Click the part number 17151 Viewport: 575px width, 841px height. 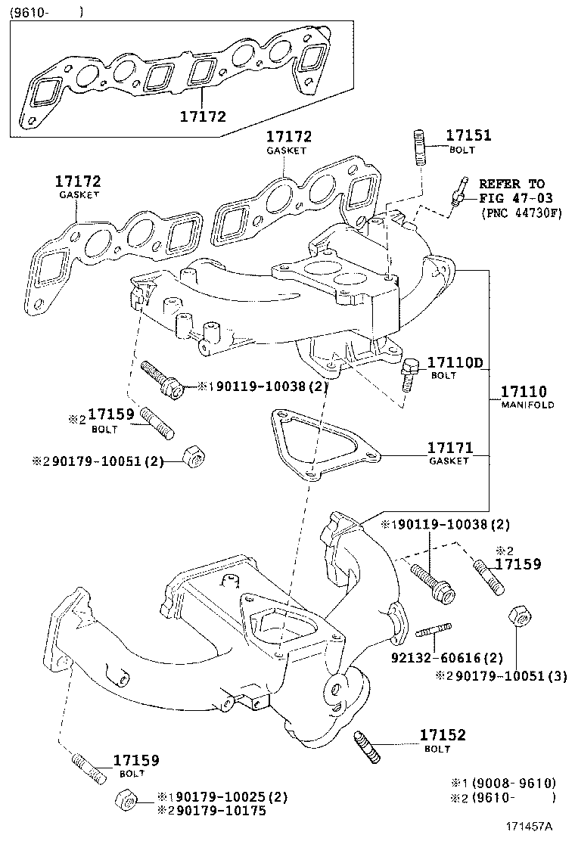(468, 136)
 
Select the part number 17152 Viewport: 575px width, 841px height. (443, 735)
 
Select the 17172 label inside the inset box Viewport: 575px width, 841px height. (203, 116)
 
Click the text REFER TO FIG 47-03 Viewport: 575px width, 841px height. (511, 191)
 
